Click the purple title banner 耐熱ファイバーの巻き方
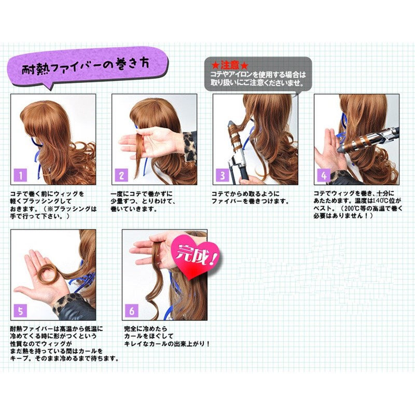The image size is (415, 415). [x=86, y=68]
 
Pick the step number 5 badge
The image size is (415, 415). [x=21, y=311]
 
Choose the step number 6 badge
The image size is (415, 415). [x=132, y=311]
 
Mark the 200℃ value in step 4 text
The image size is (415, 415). [x=353, y=209]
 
